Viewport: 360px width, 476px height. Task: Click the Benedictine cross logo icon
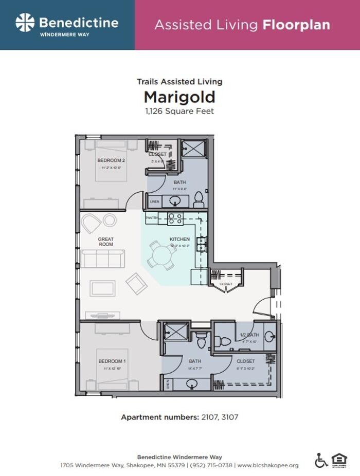(25, 23)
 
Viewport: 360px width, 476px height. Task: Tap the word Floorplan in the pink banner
(296, 25)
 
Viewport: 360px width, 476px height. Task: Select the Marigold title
(179, 97)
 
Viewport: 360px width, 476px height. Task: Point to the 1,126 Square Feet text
(179, 111)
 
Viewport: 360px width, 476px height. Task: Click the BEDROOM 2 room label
(112, 160)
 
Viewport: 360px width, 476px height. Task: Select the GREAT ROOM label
(106, 242)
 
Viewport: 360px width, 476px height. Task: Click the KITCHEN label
(179, 240)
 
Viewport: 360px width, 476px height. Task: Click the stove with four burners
(175, 218)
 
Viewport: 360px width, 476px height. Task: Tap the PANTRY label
(152, 218)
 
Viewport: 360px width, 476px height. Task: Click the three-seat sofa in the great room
(102, 259)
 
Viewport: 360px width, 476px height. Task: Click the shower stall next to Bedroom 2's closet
(194, 149)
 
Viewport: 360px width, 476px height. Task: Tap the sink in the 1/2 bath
(270, 337)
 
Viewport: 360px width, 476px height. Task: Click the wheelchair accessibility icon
(321, 460)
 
